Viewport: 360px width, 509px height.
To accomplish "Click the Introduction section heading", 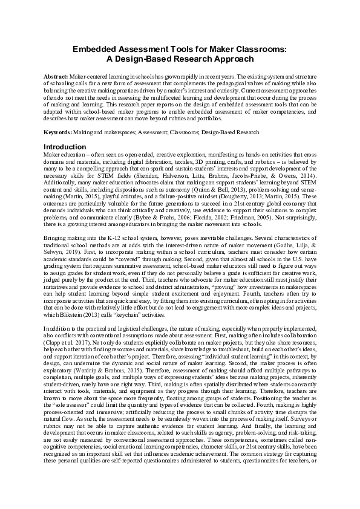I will pos(68,147).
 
